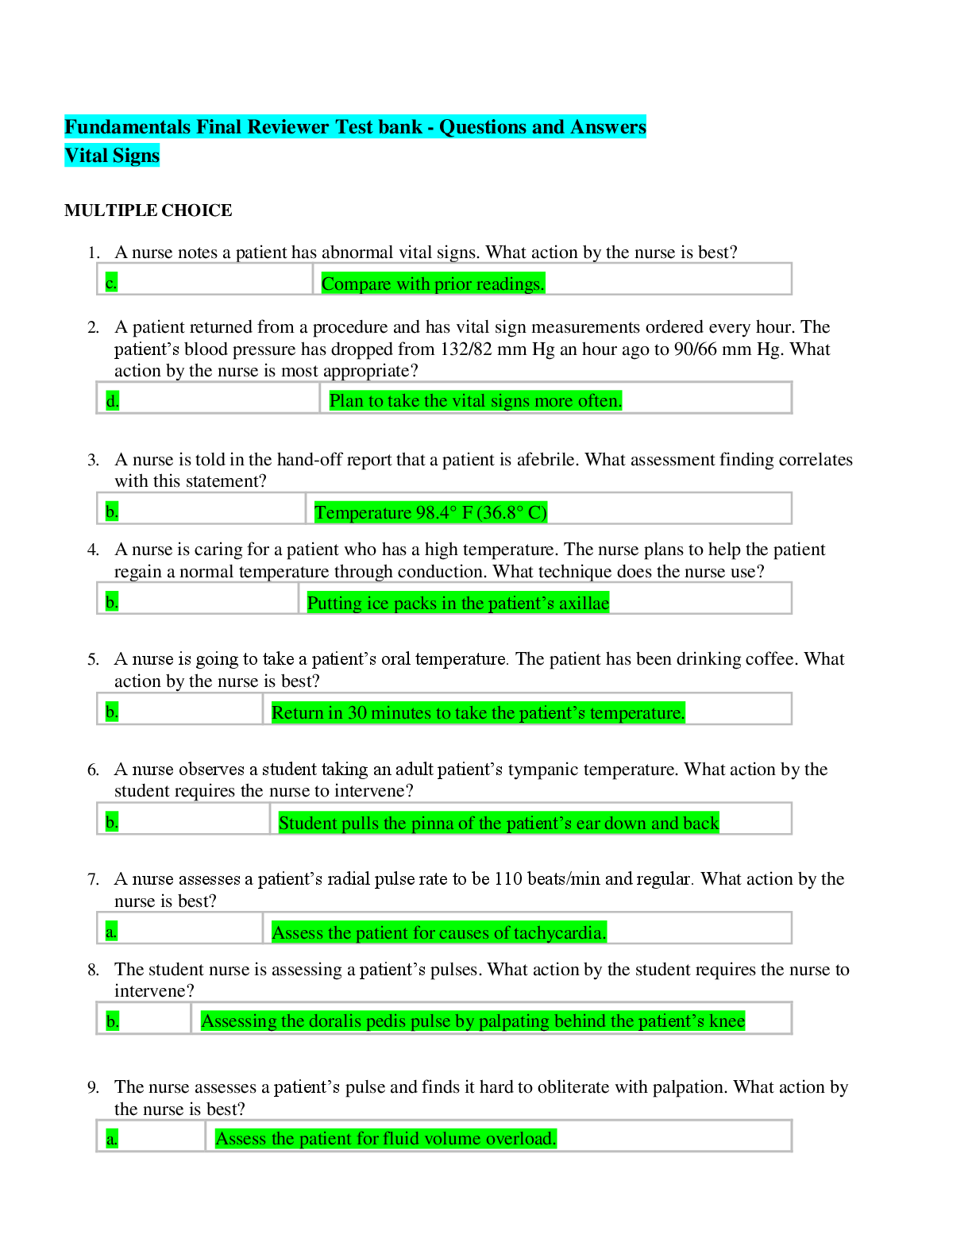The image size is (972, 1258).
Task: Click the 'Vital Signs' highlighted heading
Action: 112,156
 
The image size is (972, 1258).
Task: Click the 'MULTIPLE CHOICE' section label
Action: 148,210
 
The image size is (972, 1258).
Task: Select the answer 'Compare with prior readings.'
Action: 433,284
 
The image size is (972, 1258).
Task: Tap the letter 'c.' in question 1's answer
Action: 111,283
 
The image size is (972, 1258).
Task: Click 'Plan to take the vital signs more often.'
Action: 476,401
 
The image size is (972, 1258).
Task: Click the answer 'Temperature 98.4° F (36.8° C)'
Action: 430,512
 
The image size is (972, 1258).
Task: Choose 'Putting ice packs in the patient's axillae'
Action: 458,603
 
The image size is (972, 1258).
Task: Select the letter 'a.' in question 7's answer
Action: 111,932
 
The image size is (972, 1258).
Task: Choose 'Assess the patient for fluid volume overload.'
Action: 386,1138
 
